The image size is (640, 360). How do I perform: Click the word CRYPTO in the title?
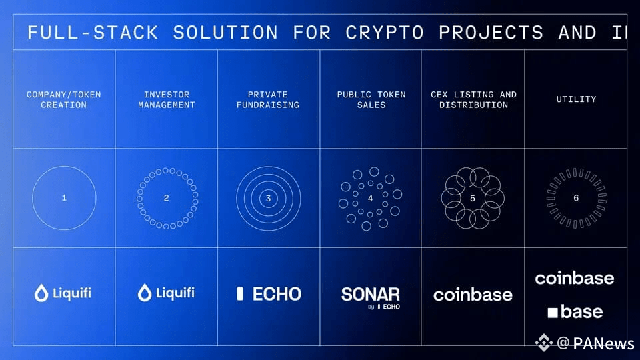point(384,32)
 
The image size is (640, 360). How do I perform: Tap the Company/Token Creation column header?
point(64,99)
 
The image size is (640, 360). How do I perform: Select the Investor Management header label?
point(166,99)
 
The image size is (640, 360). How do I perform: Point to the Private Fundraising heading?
point(268,99)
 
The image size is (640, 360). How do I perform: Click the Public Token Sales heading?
point(371,99)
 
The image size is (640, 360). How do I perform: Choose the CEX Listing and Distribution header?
point(473,99)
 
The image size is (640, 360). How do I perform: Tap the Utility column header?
point(576,99)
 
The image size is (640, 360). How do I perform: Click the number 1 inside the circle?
point(64,198)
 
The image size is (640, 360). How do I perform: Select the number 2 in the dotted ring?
point(167,198)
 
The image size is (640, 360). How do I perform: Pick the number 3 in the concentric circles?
point(268,198)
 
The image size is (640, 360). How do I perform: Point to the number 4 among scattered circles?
point(371,198)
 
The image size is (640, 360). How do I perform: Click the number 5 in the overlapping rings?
point(473,198)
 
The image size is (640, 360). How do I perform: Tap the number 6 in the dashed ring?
point(576,198)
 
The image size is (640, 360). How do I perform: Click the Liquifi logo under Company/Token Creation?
point(63,293)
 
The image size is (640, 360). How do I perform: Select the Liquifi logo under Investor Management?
point(166,293)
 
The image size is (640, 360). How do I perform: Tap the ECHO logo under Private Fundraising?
point(269,294)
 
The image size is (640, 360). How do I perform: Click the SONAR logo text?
point(371,294)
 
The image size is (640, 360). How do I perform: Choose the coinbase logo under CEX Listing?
point(473,295)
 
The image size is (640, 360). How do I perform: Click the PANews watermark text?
point(603,343)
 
